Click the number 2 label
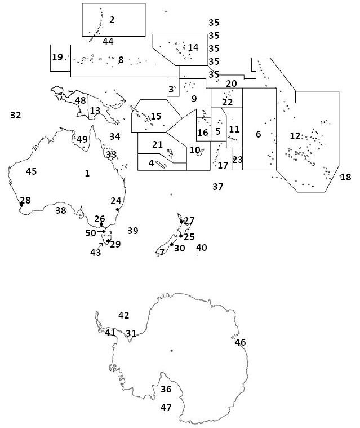(x=112, y=20)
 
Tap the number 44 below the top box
(x=108, y=42)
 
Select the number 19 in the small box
(x=57, y=57)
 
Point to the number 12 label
(x=295, y=136)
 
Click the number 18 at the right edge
(x=346, y=177)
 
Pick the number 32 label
(x=16, y=115)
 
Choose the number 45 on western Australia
(x=32, y=171)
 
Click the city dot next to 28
(x=21, y=205)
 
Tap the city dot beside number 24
(x=117, y=209)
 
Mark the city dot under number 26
(x=101, y=224)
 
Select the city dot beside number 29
(x=108, y=241)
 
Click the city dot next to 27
(x=181, y=222)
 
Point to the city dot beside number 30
(x=171, y=244)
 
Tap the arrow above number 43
(x=102, y=244)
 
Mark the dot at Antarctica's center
(x=171, y=351)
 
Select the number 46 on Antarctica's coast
(x=241, y=342)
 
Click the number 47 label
(x=166, y=407)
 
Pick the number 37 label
(x=218, y=186)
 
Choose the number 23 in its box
(x=238, y=160)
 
